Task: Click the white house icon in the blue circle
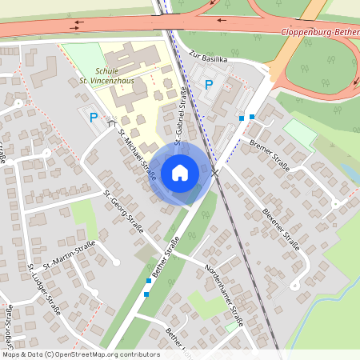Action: click(x=180, y=173)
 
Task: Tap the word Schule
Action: click(x=106, y=70)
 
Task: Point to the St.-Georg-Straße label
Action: click(x=124, y=210)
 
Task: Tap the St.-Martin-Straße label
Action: click(x=70, y=254)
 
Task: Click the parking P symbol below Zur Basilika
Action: click(x=210, y=84)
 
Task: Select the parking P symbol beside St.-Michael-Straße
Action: click(x=94, y=118)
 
